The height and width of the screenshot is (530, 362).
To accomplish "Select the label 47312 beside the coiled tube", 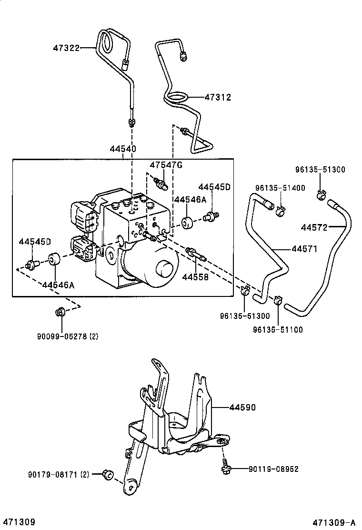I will point(218,97).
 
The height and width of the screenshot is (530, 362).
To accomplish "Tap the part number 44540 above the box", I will point(123,149).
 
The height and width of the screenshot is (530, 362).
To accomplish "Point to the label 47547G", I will point(166,165).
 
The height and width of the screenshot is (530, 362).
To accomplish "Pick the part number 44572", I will point(314,227).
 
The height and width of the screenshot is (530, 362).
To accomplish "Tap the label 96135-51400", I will point(280,188).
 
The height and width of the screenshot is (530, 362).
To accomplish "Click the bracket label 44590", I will point(242,408).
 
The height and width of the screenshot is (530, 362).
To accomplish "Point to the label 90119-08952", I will point(273,469).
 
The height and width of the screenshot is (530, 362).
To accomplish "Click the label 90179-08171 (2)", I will point(58,474).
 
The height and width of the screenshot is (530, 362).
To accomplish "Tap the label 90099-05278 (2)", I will point(67,336).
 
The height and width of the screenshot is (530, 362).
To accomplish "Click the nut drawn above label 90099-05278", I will point(60,313).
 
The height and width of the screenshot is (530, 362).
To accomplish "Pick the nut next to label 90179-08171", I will point(108,474).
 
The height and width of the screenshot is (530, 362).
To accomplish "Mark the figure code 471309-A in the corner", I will point(334,522).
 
